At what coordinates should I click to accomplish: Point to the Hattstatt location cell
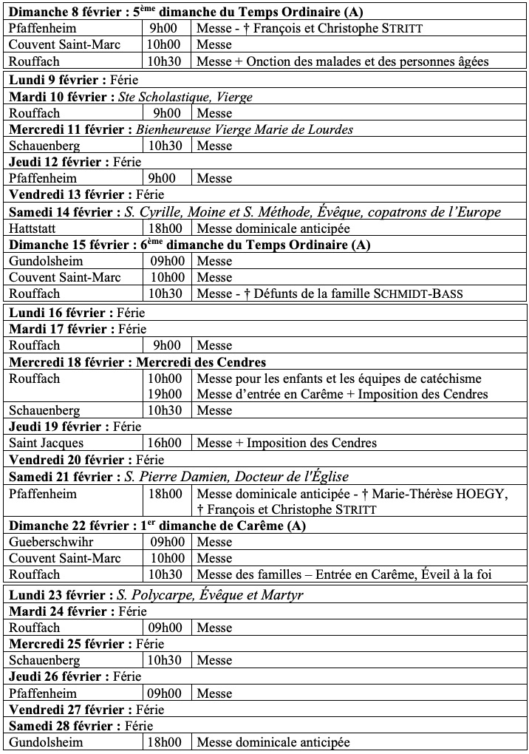click(x=33, y=228)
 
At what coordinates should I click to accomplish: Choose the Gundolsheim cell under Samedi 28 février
click(x=46, y=742)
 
